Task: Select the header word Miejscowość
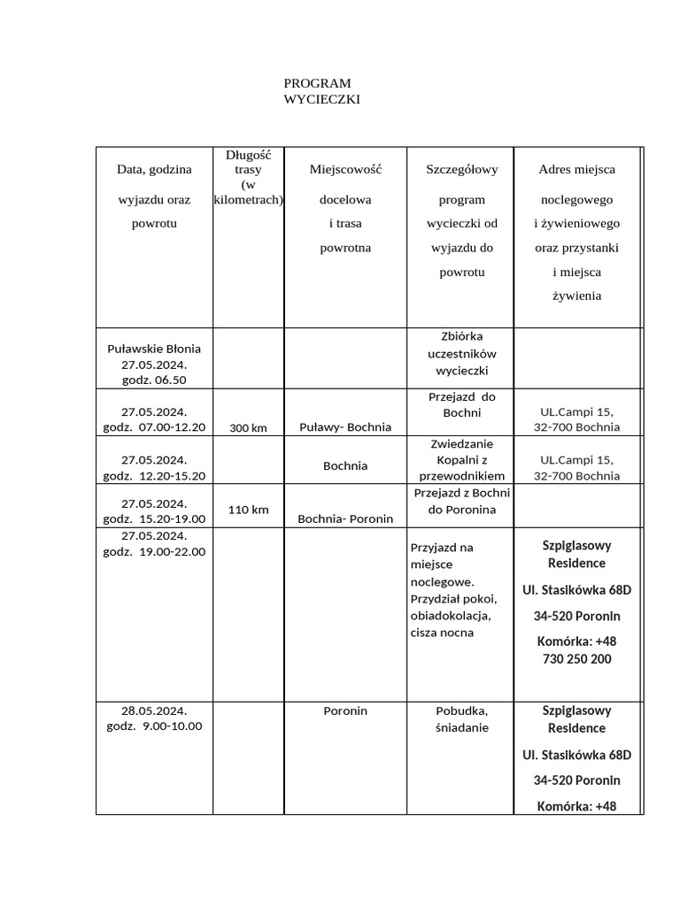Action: (345, 169)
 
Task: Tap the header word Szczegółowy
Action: (462, 169)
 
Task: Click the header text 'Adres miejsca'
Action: (576, 169)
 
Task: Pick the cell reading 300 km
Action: (248, 428)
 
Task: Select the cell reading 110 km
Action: (248, 510)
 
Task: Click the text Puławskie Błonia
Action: (154, 349)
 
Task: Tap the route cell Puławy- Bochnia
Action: (345, 427)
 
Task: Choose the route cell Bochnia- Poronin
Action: (345, 519)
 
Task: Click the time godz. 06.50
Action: (154, 380)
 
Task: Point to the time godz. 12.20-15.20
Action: (154, 476)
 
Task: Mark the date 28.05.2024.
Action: (154, 710)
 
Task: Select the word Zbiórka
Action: (462, 336)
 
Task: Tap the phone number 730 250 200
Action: (576, 659)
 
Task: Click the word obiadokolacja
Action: (451, 616)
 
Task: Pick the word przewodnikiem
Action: (462, 476)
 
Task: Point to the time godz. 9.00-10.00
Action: (154, 726)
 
